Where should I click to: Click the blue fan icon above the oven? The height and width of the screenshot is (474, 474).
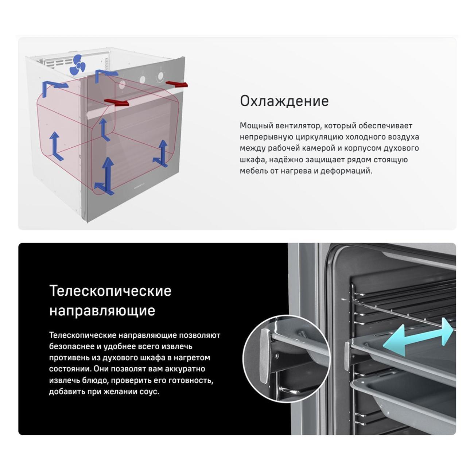[x=78, y=65]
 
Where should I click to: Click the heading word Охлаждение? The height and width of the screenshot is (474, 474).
[x=284, y=101]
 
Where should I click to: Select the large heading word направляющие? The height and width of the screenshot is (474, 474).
[x=102, y=311]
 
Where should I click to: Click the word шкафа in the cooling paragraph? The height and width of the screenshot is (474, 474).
[x=253, y=160]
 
